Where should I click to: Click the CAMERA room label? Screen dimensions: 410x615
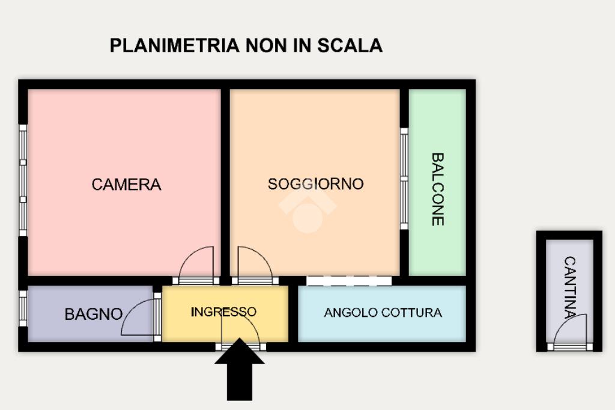126,185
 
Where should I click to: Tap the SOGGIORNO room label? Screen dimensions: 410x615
315,183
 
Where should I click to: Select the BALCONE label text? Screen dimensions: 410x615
438,189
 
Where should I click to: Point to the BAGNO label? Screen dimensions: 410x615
93,314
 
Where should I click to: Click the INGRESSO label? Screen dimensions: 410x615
223,312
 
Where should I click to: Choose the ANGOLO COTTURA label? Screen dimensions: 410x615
383,313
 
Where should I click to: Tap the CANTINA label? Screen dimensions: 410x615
570,287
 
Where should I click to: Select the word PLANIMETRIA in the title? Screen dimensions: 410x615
174,46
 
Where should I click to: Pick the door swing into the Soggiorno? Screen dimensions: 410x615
254,263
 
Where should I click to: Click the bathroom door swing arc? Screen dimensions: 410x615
138,318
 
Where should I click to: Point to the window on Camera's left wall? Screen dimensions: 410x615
23,180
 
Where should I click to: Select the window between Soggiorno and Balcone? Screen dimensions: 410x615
404,179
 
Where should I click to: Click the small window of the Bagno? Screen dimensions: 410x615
23,308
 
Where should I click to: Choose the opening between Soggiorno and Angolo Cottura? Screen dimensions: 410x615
349,281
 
